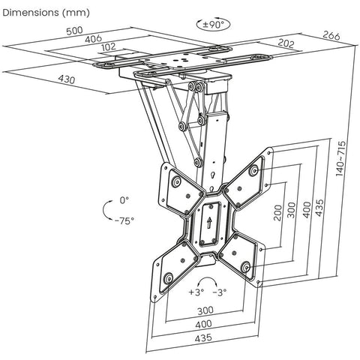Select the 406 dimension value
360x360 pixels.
(x=93, y=40)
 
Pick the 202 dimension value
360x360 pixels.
(x=284, y=43)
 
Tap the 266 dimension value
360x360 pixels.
(x=331, y=34)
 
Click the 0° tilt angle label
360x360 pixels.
(x=124, y=200)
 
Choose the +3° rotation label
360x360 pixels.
(x=196, y=292)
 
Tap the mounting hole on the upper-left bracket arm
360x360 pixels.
(x=176, y=181)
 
